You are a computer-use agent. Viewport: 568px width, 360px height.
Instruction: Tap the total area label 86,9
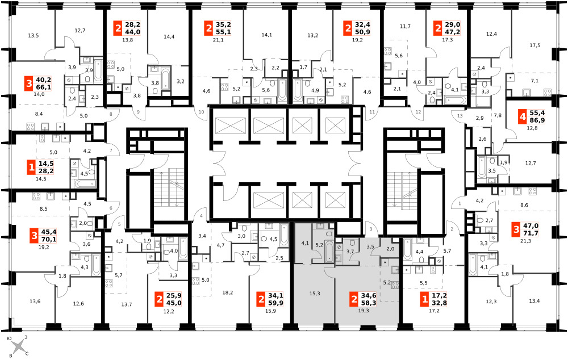coord(537,120)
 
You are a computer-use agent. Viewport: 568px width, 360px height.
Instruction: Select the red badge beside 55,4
coord(522,117)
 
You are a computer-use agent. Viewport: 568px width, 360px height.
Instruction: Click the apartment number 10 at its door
coord(202,112)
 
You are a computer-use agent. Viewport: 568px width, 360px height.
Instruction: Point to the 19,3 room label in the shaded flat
coord(364,311)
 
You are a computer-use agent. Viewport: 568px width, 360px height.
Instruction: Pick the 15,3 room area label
coord(315,294)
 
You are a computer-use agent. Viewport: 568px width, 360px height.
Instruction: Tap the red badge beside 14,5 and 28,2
coord(31,167)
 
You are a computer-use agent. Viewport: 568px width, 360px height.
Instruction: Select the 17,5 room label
coord(534,45)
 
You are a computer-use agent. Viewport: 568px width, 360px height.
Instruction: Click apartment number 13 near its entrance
coord(460,116)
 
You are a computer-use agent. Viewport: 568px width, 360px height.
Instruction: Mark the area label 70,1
coord(49,240)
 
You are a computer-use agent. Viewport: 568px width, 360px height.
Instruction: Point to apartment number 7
coord(111,150)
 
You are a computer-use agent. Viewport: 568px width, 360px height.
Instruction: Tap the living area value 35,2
coord(223,24)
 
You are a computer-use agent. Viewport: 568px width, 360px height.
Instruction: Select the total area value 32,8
coord(439,303)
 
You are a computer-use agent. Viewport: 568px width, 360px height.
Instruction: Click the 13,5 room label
coord(33,36)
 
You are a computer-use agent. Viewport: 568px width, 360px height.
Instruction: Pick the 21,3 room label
coord(525,241)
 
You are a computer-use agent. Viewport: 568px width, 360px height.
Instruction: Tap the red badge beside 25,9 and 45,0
coord(158,299)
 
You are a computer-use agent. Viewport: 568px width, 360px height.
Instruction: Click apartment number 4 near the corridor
coord(201,216)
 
